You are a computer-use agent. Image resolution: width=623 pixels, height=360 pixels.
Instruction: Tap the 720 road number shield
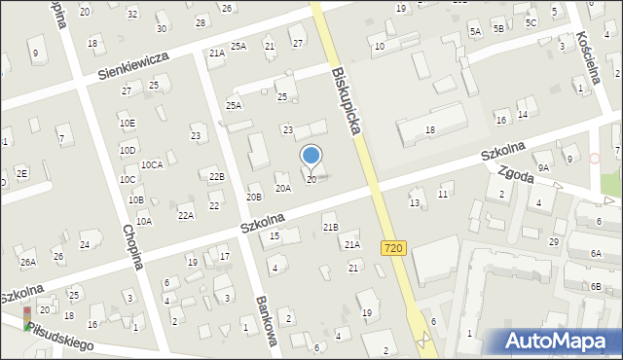(393, 249)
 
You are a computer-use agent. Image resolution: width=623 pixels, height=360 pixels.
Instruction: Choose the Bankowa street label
(267, 321)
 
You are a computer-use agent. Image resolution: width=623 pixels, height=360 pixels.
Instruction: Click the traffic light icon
(26, 318)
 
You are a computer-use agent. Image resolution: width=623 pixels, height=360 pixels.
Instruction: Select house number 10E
(128, 124)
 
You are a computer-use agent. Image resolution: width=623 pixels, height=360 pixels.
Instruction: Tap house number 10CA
(151, 165)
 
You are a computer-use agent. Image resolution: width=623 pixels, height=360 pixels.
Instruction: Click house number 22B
(216, 176)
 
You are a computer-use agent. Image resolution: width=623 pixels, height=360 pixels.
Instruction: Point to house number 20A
(282, 189)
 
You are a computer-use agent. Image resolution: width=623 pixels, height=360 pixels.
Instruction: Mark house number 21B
(330, 227)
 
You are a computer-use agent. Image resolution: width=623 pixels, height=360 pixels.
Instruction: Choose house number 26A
(28, 262)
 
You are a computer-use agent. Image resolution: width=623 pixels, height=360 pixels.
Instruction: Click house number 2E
(21, 172)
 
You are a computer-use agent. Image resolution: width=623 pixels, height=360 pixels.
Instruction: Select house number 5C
(531, 22)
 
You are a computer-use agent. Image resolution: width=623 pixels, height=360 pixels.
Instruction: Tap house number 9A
(544, 167)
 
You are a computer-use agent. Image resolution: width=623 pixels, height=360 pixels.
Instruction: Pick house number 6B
(596, 287)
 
